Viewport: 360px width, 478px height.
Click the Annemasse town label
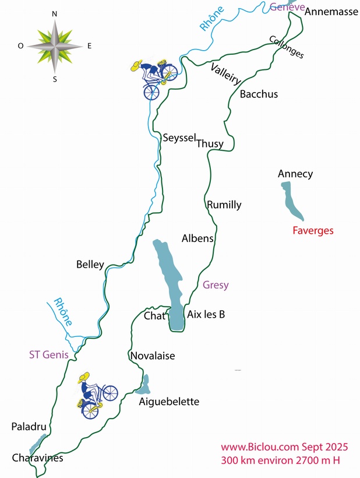331,11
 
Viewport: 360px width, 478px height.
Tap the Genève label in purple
288,6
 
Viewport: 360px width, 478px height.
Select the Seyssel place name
179,138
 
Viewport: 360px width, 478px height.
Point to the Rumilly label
224,205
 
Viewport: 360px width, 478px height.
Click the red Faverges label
313,230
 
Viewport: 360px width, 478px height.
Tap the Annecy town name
295,174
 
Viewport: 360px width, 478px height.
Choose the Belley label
90,264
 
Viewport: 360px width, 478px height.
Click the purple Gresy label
216,285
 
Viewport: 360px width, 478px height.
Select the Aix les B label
206,314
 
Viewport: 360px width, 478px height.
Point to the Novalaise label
153,356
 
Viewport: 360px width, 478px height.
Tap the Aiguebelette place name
169,402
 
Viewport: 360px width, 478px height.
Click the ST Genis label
49,354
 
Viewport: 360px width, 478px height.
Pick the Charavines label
37,458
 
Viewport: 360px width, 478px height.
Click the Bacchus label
259,94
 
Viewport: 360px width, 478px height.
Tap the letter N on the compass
54,13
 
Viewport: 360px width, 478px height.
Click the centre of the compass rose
55,45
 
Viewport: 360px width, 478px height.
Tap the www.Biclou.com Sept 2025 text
284,447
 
